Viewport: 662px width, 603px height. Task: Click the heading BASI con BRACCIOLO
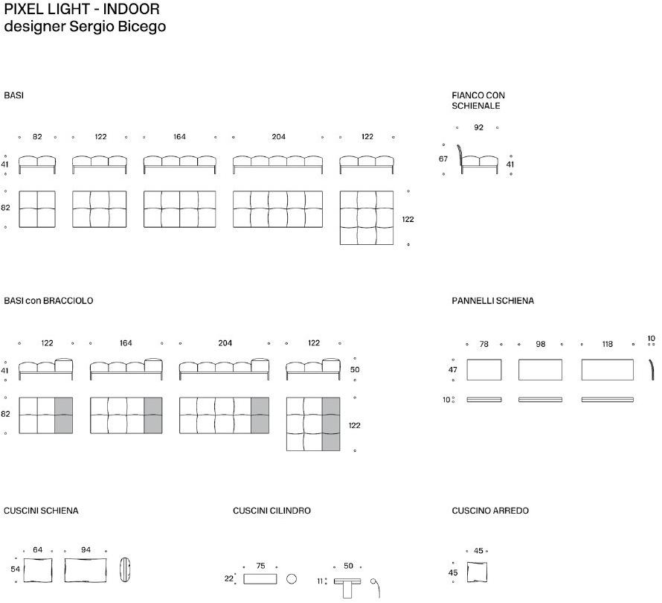click(x=48, y=301)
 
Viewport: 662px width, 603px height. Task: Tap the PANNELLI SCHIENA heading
click(x=492, y=301)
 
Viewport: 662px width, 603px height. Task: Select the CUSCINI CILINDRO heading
click(x=271, y=511)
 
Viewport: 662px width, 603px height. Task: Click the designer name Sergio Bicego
click(x=118, y=26)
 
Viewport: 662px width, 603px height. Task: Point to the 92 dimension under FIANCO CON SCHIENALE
click(x=478, y=127)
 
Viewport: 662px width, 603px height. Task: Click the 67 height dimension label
click(x=443, y=159)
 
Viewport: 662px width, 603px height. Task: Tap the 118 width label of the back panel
click(x=607, y=344)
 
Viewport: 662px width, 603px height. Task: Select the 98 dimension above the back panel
click(x=541, y=344)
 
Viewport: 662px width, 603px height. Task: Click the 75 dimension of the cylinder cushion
click(x=260, y=565)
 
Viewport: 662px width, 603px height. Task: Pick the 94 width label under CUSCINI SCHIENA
click(x=86, y=549)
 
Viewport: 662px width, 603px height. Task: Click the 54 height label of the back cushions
click(x=15, y=569)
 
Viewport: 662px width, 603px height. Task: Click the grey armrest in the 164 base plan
click(x=152, y=415)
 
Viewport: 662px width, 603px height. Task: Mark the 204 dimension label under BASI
click(x=278, y=136)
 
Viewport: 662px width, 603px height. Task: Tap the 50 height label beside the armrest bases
click(x=355, y=370)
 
